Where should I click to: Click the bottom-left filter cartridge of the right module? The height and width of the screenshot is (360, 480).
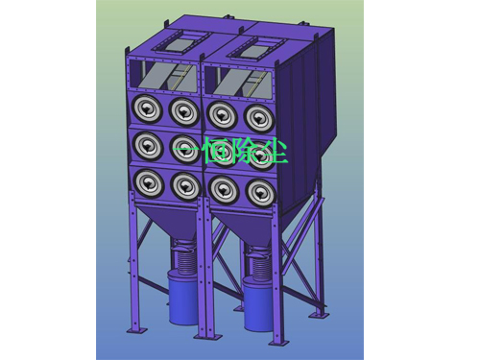tap(223, 189)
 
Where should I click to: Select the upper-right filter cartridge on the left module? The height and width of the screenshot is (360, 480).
tap(184, 112)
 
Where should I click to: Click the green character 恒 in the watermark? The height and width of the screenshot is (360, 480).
tap(217, 150)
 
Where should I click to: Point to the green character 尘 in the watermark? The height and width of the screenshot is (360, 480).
tap(274, 151)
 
